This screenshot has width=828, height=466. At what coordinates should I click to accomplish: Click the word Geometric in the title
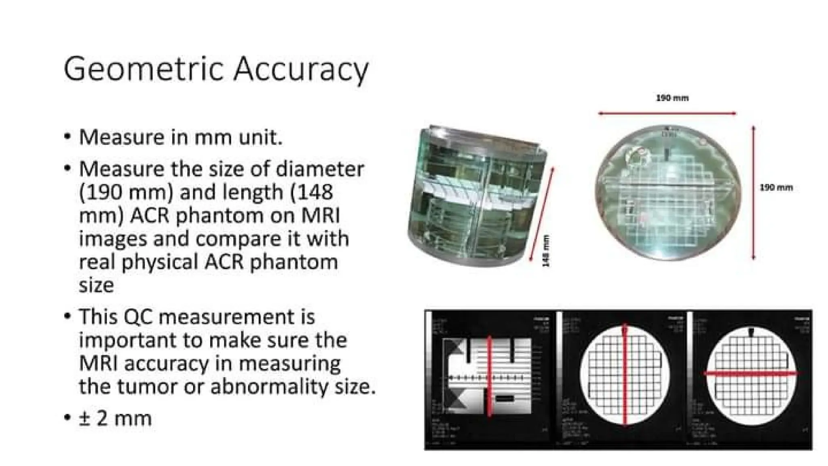[144, 70]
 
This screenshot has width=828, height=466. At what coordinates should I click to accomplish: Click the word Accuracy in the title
[301, 70]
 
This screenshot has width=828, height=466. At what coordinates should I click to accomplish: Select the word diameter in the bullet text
[320, 169]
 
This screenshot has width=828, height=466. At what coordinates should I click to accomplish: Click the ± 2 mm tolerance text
[115, 418]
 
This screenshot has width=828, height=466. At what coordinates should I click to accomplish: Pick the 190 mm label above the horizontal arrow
[672, 98]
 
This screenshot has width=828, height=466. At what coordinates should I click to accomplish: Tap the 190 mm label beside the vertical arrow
[776, 188]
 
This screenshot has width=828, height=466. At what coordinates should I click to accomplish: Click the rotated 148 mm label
[546, 251]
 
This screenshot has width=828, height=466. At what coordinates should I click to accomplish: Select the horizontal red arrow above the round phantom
[667, 114]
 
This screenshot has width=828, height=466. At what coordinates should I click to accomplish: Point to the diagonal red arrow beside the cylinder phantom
[542, 214]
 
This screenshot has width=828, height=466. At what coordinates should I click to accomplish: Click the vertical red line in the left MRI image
[489, 375]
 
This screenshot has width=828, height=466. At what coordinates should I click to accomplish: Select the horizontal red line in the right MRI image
[751, 373]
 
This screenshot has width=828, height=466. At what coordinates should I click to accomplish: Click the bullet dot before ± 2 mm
[67, 418]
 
